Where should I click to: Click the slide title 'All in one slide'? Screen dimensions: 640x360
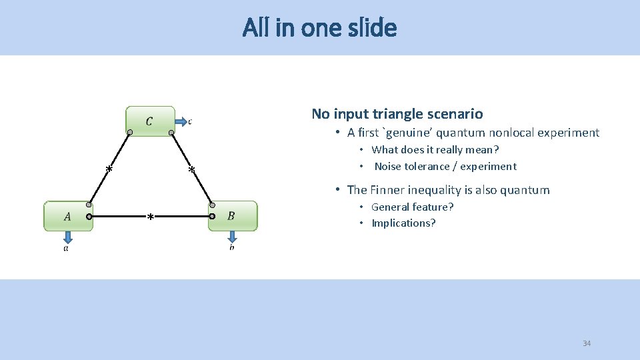coord(319,28)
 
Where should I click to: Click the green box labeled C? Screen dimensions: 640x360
coord(150,121)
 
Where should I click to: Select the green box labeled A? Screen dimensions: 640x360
coord(68,216)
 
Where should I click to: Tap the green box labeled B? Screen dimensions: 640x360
coord(232,216)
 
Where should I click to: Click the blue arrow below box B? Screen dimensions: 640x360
coord(231,237)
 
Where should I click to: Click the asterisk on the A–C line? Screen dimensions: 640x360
coord(109,169)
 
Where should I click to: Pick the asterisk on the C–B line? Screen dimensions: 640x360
coord(191,171)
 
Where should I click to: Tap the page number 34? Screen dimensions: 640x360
coord(587,343)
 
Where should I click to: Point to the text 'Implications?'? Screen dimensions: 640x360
coord(403,223)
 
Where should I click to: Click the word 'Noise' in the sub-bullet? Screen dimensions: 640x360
coord(387,166)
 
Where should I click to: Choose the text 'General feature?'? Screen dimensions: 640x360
coord(412,207)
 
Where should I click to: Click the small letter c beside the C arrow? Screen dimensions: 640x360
coord(190,121)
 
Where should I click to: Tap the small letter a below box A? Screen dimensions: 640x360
coord(66,249)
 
